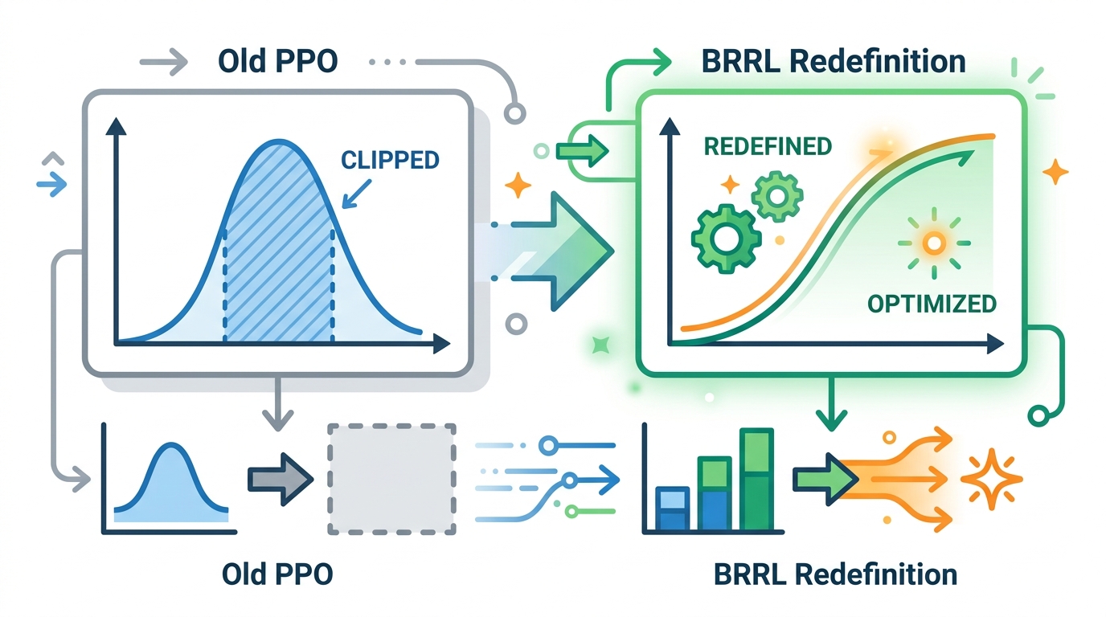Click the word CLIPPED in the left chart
(x=390, y=159)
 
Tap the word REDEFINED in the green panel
(x=768, y=146)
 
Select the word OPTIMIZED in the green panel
(x=932, y=304)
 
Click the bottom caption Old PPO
(x=276, y=574)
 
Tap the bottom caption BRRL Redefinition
(x=835, y=574)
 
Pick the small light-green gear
(x=774, y=195)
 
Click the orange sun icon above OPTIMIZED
(x=932, y=241)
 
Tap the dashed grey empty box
(x=391, y=478)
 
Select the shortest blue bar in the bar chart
(x=672, y=509)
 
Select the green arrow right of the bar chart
(x=821, y=478)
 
